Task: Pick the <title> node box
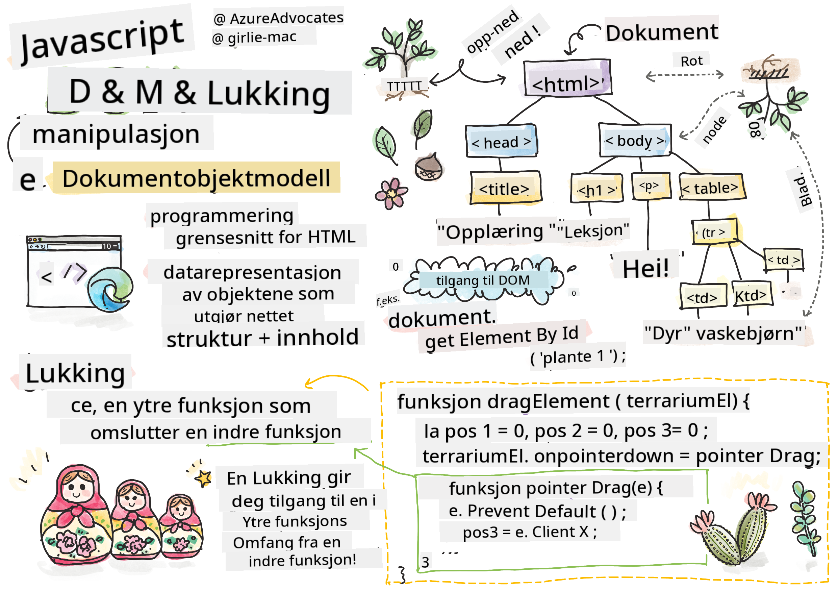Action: (x=505, y=188)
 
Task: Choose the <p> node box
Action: (x=650, y=187)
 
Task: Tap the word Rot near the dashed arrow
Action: (x=691, y=61)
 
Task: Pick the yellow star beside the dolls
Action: (x=204, y=478)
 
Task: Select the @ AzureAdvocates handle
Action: (x=278, y=18)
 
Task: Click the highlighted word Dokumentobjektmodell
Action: (x=196, y=178)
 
